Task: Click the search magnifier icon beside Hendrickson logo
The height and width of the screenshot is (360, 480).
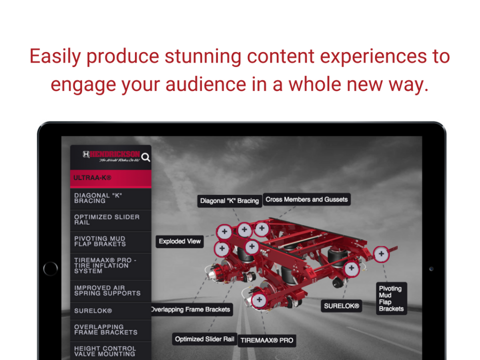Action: coord(145,157)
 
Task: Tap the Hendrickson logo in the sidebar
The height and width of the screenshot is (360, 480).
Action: coord(111,156)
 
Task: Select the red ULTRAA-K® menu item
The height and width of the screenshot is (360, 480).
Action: coord(110,178)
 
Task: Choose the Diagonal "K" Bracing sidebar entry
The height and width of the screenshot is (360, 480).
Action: coord(110,198)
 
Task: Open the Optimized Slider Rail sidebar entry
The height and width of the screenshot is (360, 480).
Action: coord(110,220)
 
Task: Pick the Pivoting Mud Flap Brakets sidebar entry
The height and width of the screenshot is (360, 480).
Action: coord(110,241)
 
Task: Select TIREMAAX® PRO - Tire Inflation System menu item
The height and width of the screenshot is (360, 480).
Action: coord(110,265)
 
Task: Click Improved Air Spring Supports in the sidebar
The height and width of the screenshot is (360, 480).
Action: coord(110,290)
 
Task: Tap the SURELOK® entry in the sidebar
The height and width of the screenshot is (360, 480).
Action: coord(110,311)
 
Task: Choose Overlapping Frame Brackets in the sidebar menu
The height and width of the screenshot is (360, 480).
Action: coord(110,329)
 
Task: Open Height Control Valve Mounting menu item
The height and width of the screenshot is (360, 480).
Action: coord(110,351)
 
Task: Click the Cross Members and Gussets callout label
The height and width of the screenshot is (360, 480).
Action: coord(306,199)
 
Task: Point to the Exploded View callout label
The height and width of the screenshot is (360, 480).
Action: coord(179,241)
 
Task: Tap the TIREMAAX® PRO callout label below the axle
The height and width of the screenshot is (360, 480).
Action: coord(266,340)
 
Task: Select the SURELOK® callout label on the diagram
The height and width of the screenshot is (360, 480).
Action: coord(341,306)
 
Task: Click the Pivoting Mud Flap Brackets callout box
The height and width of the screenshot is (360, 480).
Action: coord(391,298)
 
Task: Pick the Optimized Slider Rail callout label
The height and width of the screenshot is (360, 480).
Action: coord(204,339)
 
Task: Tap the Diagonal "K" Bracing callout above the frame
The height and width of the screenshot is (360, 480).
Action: coord(229,201)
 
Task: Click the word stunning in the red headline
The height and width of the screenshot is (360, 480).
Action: coord(203,56)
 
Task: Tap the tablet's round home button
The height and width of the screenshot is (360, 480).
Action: coord(50,268)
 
